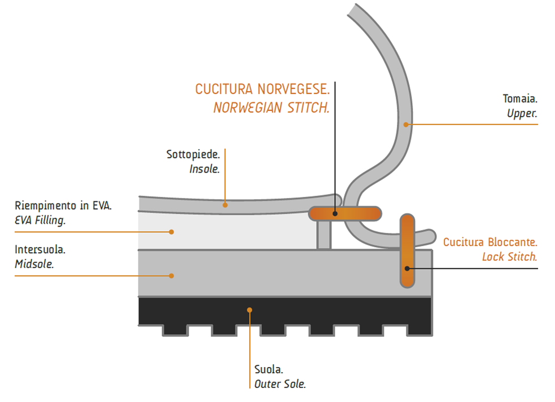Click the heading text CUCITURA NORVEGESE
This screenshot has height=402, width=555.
click(262, 90)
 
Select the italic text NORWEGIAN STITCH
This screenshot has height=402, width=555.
click(271, 108)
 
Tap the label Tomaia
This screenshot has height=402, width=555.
click(520, 99)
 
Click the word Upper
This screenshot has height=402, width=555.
click(522, 113)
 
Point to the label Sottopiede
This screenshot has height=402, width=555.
click(193, 154)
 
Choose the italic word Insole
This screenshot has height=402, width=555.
click(204, 169)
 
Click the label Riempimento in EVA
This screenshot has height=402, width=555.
click(63, 205)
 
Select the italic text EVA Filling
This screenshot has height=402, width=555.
click(40, 220)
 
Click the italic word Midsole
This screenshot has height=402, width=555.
click(34, 263)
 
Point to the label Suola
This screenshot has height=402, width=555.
click(269, 370)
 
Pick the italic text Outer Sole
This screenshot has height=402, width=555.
click(280, 385)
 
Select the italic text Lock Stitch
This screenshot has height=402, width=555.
click(509, 257)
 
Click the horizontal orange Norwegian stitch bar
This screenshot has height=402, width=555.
click(345, 214)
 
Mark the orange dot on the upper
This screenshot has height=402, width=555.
click(405, 123)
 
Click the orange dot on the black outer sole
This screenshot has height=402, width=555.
click(250, 310)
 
